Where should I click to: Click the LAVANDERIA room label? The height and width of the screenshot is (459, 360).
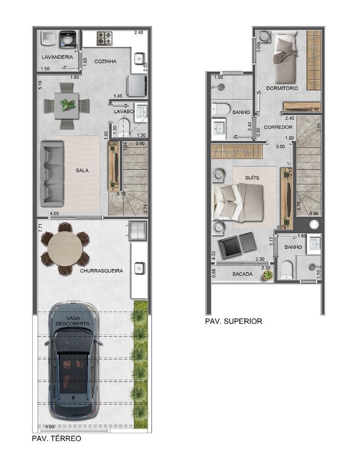pos(57,57)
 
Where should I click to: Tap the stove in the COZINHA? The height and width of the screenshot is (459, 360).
pos(105,38)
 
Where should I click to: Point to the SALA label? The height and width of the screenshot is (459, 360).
pos(82,170)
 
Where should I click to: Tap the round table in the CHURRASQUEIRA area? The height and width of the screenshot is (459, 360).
pos(65,248)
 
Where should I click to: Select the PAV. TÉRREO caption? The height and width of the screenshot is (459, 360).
pos(56,438)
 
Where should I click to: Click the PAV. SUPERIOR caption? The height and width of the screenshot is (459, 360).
pos(234,321)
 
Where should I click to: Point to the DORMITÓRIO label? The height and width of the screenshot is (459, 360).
pos(282,88)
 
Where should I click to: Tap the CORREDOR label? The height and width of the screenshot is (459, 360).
pos(278,127)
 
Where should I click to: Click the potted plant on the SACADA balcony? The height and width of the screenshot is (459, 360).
pos(267,275)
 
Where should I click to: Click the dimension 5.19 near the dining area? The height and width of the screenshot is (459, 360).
pos(40,85)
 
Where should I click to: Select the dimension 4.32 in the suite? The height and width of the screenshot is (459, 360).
pos(214,256)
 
